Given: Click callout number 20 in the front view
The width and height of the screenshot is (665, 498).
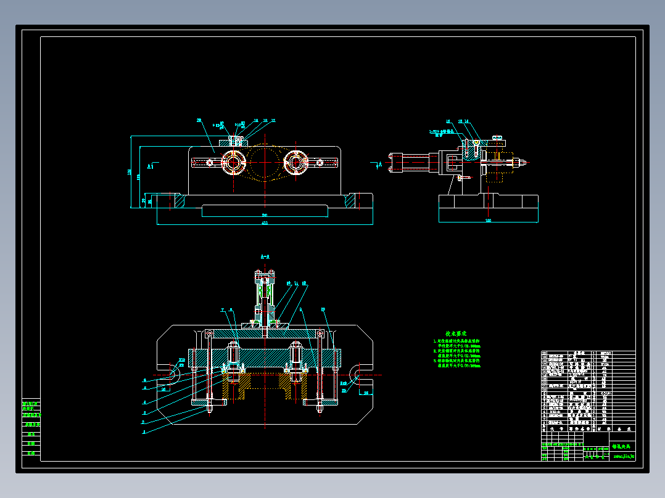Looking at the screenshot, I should (x=199, y=120).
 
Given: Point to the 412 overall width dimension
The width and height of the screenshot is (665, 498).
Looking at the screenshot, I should (x=265, y=222).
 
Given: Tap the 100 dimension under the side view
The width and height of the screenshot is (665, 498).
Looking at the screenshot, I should (x=488, y=220).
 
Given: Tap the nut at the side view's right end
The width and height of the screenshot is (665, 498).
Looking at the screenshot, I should (x=521, y=163).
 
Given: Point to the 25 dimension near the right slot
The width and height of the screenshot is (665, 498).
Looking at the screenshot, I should (x=366, y=392).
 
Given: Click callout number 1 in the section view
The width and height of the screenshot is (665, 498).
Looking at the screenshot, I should (x=144, y=433).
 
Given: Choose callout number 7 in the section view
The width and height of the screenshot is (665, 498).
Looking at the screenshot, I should (x=222, y=309).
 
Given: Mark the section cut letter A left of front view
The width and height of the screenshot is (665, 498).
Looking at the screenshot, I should (x=150, y=166).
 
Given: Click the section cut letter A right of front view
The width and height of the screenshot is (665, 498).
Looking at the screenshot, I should (x=379, y=165).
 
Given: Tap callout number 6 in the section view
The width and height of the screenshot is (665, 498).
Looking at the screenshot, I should (x=144, y=380).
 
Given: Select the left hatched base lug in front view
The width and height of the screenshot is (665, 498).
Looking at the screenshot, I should (x=178, y=201).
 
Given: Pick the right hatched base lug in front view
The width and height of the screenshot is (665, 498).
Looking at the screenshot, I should (x=350, y=201).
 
